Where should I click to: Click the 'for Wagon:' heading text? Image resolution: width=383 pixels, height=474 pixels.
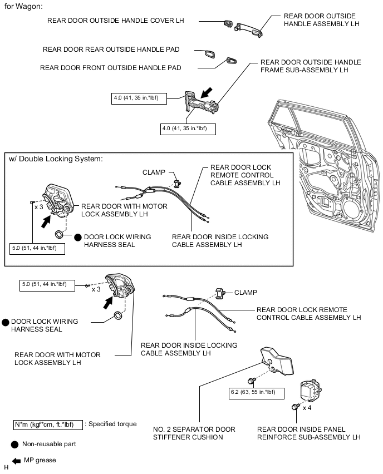click(x=23, y=6)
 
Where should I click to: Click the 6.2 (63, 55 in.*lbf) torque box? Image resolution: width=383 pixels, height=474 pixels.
click(x=256, y=393)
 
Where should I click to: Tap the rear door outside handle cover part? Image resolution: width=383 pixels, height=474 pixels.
click(x=228, y=24)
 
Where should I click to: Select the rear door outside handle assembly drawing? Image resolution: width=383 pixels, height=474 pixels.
click(x=248, y=30)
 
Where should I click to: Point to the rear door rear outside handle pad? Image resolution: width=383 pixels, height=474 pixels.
click(x=210, y=55)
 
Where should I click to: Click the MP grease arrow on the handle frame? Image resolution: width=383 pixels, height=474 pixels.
click(x=207, y=93)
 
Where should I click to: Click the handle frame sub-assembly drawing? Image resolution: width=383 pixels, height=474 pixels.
click(x=201, y=102)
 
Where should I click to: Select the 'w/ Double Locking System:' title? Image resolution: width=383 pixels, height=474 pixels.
click(x=56, y=159)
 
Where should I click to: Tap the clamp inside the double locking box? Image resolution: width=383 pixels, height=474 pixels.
click(x=177, y=183)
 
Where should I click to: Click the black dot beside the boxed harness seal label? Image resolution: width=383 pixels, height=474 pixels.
click(x=78, y=238)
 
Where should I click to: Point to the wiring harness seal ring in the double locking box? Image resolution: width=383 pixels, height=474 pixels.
click(x=60, y=234)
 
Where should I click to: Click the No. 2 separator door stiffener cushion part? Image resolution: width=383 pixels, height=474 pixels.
click(x=277, y=361)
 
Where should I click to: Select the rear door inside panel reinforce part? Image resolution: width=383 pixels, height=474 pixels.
click(x=311, y=390)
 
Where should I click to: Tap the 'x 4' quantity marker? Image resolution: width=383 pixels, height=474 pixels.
click(x=307, y=408)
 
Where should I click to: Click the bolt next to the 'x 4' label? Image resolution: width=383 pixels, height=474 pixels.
click(x=295, y=407)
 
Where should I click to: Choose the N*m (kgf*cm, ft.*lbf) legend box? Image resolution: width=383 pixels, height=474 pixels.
click(x=48, y=424)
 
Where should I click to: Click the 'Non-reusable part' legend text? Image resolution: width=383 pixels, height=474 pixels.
click(x=49, y=444)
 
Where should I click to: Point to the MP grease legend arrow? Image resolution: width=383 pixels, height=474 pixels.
click(x=16, y=461)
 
